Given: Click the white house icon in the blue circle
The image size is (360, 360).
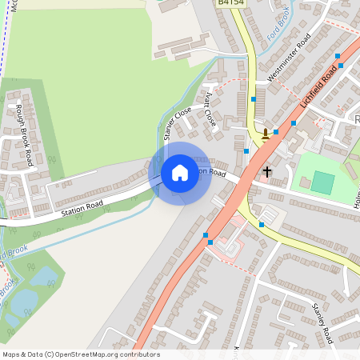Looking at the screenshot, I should [180, 173].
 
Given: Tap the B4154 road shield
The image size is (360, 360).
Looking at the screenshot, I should [231, 2].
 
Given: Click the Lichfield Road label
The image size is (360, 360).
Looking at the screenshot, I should [318, 89].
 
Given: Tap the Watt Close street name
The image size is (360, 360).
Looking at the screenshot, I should [210, 110].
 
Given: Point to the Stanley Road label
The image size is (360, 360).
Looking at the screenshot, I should [321, 323].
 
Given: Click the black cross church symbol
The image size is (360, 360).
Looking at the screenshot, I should [267, 171].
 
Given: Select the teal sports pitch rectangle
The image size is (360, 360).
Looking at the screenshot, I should [322, 182].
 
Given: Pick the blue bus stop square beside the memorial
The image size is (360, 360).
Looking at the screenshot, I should [276, 131].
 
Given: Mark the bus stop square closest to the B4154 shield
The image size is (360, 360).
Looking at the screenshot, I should [254, 98].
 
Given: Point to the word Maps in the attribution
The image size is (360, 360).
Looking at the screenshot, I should [12, 354].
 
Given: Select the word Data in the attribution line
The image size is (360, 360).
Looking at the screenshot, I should [36, 354].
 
